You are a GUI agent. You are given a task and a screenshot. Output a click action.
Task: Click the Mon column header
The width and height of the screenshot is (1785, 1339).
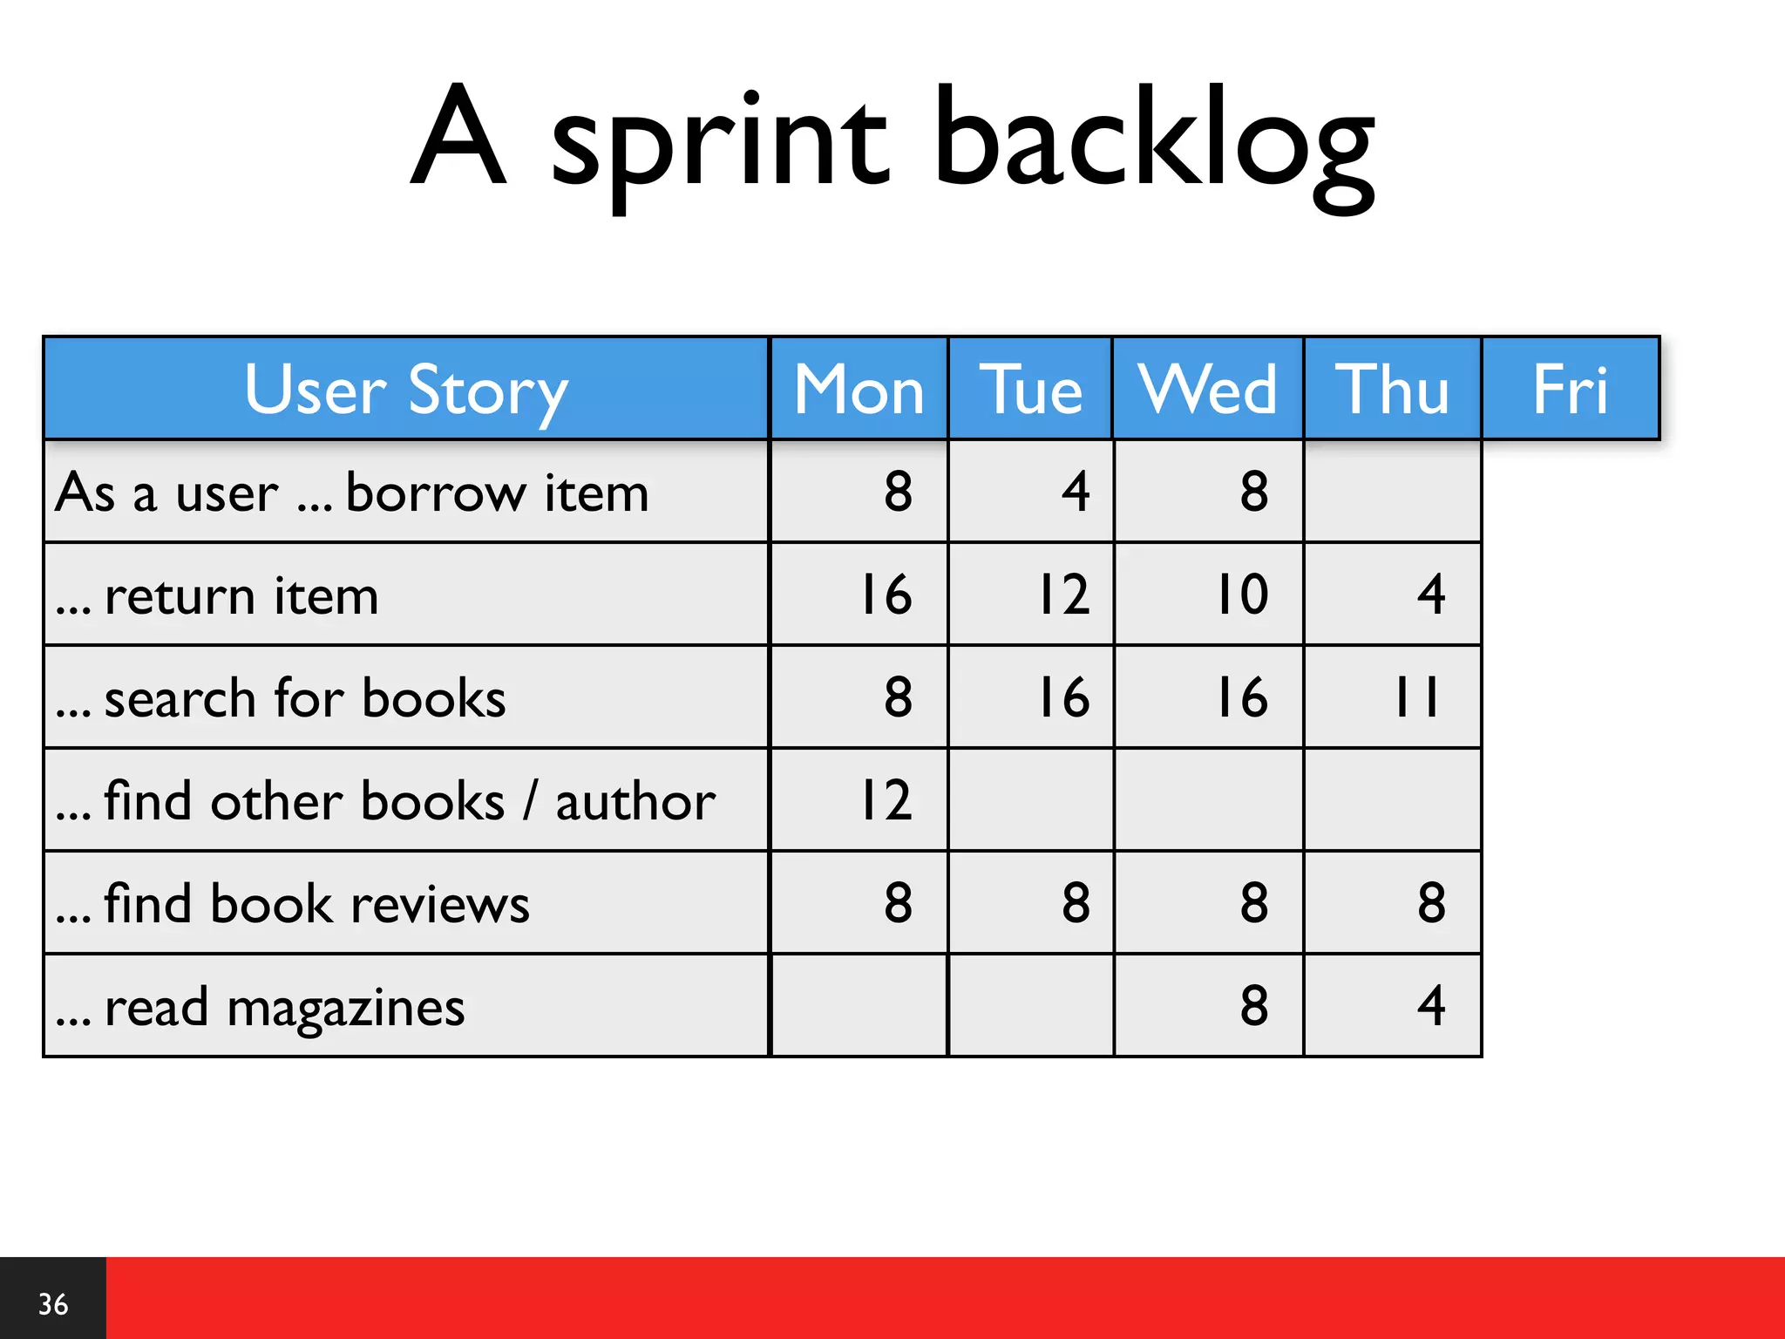tap(859, 389)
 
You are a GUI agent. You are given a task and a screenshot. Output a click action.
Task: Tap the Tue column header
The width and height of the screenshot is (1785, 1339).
tap(1030, 389)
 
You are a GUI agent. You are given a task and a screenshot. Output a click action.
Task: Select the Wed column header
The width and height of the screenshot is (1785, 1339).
tap(1208, 389)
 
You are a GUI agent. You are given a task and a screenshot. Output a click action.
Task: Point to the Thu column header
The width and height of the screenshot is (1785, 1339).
tap(1392, 389)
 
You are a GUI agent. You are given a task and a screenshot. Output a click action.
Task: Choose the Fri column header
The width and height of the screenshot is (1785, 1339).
tap(1570, 389)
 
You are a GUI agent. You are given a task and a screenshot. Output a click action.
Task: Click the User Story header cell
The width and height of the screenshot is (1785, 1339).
tap(406, 389)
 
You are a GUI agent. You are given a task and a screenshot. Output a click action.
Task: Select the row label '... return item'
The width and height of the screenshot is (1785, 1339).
tap(217, 596)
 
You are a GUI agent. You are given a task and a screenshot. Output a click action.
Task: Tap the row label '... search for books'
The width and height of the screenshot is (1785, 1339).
tap(280, 698)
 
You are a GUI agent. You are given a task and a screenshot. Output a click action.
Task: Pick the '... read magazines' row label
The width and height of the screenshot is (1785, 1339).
tap(260, 1007)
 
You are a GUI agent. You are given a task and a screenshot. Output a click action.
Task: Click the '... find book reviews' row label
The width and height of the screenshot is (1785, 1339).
tap(292, 904)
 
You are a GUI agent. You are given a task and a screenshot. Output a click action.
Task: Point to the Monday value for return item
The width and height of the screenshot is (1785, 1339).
tap(886, 595)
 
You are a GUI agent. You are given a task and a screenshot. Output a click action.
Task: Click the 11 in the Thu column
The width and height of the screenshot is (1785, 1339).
tap(1416, 697)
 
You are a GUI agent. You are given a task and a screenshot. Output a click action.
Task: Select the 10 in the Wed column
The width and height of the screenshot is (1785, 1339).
tap(1242, 595)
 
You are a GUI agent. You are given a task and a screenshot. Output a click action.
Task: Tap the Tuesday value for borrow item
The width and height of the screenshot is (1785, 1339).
tap(1076, 492)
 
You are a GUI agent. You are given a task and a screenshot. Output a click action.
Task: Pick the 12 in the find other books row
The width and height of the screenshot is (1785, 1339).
tap(886, 800)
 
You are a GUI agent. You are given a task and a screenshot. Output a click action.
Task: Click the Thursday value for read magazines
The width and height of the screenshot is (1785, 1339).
tap(1431, 1006)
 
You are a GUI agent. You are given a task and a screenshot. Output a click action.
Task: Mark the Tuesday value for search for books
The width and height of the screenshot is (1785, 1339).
tap(1064, 697)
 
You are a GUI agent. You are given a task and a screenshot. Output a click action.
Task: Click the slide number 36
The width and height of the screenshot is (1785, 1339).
tap(53, 1304)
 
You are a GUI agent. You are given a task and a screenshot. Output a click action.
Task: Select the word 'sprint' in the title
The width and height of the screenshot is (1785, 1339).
tap(720, 144)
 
